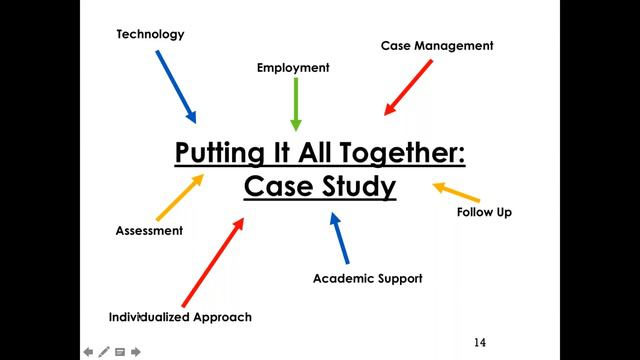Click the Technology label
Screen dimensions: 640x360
pyautogui.click(x=150, y=34)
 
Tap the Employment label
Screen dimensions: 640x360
pyautogui.click(x=293, y=68)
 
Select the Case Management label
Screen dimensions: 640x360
pyautogui.click(x=437, y=45)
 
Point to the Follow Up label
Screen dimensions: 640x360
pyautogui.click(x=484, y=212)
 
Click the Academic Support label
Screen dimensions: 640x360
pyautogui.click(x=367, y=278)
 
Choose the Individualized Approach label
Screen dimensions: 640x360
pyautogui.click(x=180, y=317)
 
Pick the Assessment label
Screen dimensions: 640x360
pyautogui.click(x=149, y=231)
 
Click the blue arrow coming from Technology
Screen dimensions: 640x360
pyautogui.click(x=176, y=86)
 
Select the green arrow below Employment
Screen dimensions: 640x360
pyautogui.click(x=295, y=103)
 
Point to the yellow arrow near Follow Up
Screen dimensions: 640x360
pyautogui.click(x=456, y=192)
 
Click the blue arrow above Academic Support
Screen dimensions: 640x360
pyautogui.click(x=340, y=237)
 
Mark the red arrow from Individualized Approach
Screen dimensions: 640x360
pyautogui.click(x=213, y=262)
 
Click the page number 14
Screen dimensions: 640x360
pyautogui.click(x=480, y=343)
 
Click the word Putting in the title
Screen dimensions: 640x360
pyautogui.click(x=216, y=154)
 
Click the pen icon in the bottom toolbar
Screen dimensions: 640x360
pyautogui.click(x=104, y=352)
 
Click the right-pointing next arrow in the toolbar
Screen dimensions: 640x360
pyautogui.click(x=136, y=352)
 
